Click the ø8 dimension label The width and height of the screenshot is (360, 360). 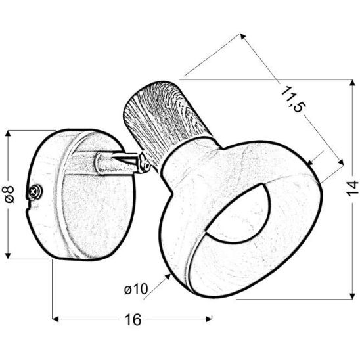tap(9, 194)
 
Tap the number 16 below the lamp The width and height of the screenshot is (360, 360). tap(132, 320)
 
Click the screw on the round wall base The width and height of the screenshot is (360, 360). tap(35, 192)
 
